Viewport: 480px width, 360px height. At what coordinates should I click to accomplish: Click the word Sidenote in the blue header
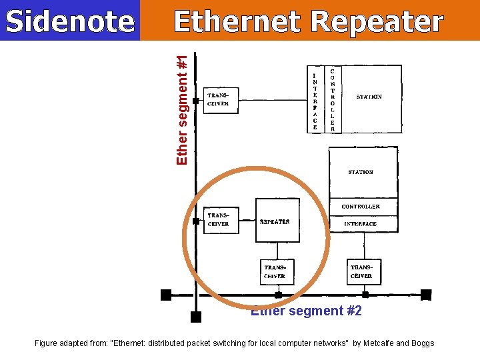(69, 22)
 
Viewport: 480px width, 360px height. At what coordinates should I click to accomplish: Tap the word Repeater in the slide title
(377, 22)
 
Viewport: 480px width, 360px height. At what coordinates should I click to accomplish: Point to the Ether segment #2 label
(306, 311)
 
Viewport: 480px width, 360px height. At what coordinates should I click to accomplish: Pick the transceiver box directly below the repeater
(275, 272)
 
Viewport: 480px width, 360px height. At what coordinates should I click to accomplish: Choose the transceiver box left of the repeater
(220, 220)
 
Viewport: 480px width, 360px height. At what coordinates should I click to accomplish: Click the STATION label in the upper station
(369, 97)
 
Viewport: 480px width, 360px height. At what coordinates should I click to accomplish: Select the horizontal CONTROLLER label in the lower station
(361, 207)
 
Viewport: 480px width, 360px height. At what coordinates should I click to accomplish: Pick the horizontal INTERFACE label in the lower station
(361, 224)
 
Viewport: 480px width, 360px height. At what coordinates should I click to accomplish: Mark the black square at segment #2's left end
(166, 295)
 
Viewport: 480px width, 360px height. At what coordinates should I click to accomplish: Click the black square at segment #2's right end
(426, 295)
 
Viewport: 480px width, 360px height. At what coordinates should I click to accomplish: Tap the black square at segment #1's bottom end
(195, 317)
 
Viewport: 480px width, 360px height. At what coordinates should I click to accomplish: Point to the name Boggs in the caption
(422, 343)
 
